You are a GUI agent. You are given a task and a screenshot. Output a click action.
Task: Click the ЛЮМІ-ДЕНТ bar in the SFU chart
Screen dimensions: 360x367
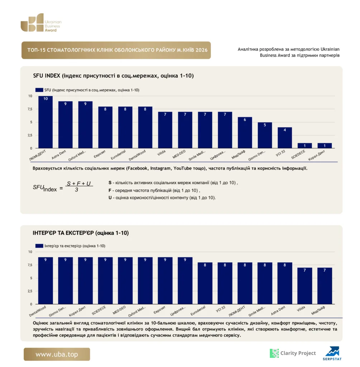click(46, 122)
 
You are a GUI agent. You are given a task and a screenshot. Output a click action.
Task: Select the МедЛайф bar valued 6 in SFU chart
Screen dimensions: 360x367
click(245, 133)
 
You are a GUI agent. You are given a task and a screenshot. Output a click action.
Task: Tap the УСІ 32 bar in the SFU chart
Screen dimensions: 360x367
click(285, 138)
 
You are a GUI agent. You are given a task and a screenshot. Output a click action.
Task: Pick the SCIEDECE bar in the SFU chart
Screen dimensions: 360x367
click(305, 146)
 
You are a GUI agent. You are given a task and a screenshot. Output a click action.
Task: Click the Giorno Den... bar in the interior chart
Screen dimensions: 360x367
click(65, 281)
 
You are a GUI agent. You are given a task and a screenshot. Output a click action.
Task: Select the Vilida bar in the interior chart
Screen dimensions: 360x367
click(305, 286)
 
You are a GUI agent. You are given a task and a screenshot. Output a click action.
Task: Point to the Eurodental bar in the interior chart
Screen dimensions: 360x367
click(205, 283)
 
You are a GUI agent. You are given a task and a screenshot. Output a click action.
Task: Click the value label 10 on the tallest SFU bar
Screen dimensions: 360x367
click(46, 99)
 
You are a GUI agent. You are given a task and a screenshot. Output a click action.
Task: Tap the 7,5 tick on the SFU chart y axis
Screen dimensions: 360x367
click(30, 109)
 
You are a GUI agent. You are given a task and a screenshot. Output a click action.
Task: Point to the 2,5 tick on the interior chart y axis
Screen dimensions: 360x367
click(30, 291)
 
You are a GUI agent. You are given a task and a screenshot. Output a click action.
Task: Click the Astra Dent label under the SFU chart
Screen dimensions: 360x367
click(59, 155)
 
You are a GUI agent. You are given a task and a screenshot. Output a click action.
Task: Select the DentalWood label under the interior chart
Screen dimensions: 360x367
click(38, 311)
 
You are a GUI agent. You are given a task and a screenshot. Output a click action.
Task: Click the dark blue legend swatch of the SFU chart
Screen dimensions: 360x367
click(39, 90)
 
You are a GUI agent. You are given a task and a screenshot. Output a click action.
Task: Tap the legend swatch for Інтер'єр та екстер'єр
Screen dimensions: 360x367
click(39, 246)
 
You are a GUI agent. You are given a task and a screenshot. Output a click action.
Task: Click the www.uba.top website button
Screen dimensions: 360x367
click(57, 354)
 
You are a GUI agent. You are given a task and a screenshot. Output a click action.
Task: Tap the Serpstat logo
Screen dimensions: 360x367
click(332, 353)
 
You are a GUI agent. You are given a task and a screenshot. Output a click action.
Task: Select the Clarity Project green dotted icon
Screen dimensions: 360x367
click(274, 353)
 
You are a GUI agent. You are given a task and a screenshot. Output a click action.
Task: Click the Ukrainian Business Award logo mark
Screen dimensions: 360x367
click(32, 23)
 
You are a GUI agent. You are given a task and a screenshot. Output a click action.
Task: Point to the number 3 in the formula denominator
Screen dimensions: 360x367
click(76, 190)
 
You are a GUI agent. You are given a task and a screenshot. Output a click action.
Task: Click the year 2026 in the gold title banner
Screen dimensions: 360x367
click(202, 50)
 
